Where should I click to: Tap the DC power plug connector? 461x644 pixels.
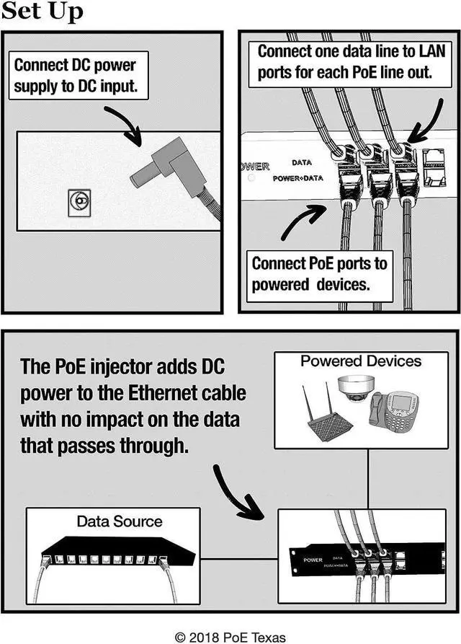click(x=168, y=174)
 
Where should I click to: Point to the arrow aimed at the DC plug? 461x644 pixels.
click(x=123, y=123)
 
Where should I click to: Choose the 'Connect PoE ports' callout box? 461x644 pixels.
click(x=319, y=274)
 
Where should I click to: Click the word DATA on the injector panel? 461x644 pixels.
click(x=301, y=163)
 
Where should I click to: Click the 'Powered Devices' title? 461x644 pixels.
click(x=360, y=361)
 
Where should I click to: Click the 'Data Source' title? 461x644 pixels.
click(x=120, y=521)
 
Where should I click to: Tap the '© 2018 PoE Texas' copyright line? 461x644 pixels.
click(x=230, y=636)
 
